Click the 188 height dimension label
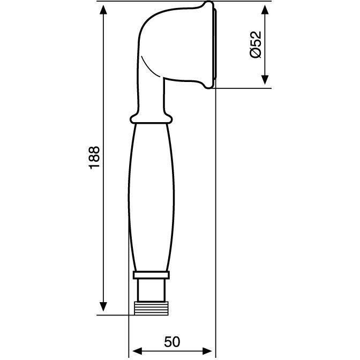tap(95, 157)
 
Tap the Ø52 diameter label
tap(256, 44)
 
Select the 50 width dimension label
tap(172, 342)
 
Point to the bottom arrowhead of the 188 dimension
tap(103, 306)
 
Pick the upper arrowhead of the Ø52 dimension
tap(265, 10)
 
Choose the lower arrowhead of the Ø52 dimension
tap(265, 79)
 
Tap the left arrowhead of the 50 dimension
tap(138, 351)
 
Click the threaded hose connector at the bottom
tap(152, 309)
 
